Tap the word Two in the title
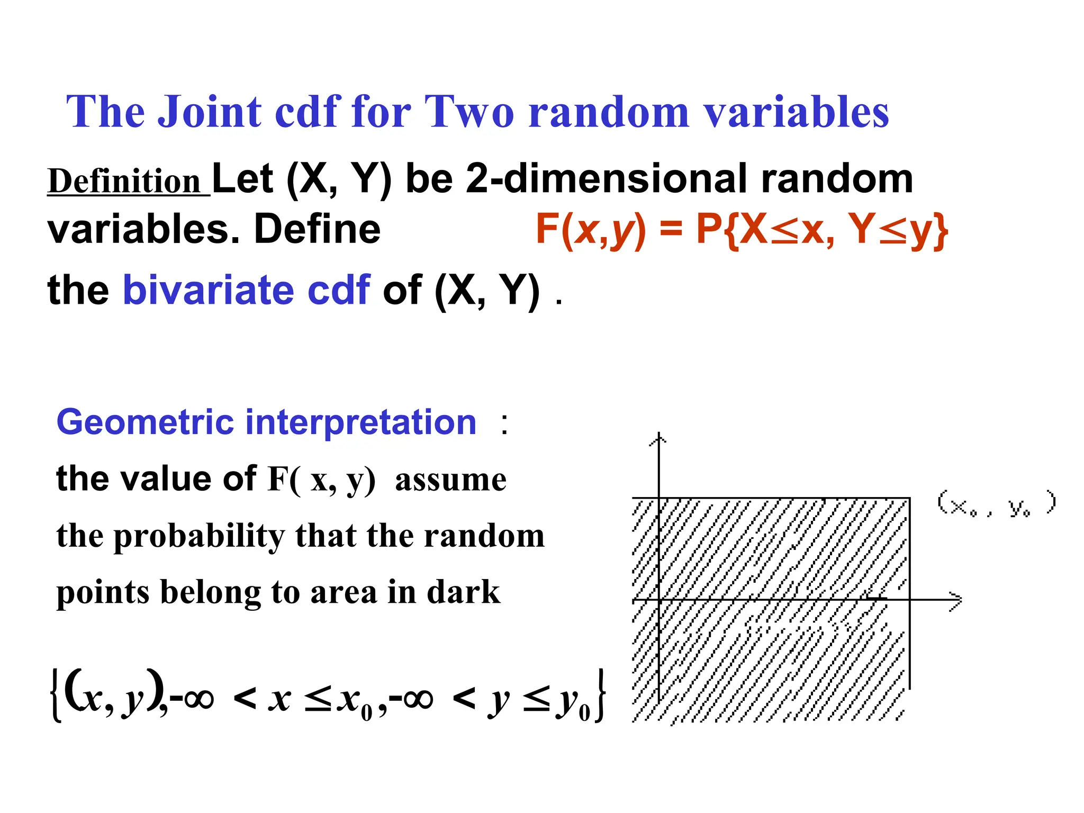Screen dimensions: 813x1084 (x=469, y=112)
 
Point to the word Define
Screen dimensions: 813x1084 (x=317, y=230)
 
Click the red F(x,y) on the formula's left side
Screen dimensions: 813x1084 (x=591, y=230)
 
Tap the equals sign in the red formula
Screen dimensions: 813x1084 (x=671, y=230)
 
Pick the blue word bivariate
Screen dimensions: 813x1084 (x=208, y=290)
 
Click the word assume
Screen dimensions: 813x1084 (x=450, y=480)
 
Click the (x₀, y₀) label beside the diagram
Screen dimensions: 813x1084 (x=996, y=504)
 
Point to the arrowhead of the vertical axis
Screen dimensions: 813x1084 (x=658, y=438)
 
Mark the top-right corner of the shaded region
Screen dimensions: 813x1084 (x=909, y=499)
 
